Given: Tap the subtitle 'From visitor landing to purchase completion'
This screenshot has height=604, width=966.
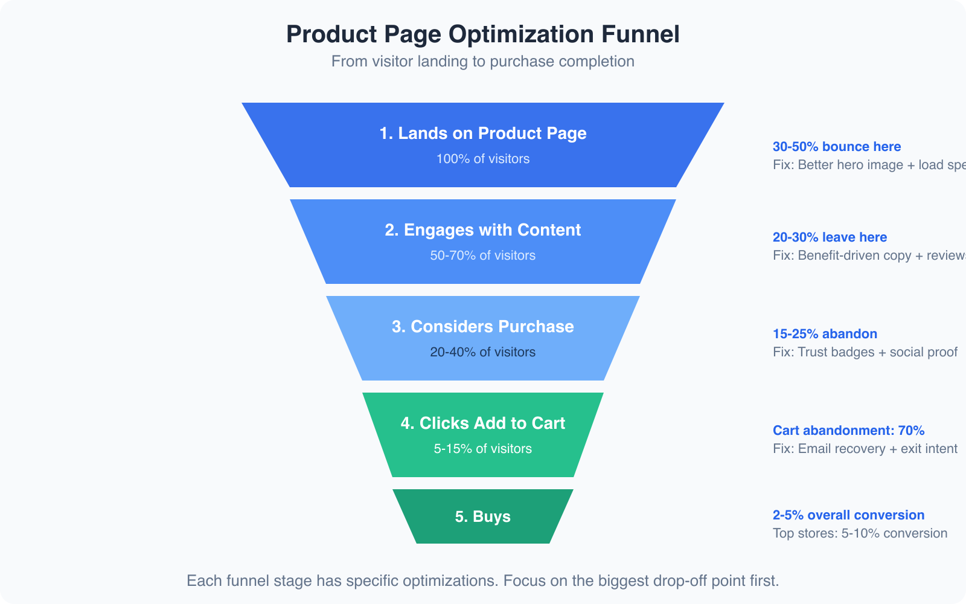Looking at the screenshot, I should (x=482, y=62).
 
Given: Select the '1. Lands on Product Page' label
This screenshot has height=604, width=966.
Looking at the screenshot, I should (x=482, y=133).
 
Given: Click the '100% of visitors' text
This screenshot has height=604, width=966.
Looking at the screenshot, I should (x=482, y=159).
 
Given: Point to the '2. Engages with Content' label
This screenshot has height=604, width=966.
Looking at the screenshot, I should (x=482, y=230).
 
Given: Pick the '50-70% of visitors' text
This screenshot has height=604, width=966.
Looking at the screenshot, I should (x=482, y=255).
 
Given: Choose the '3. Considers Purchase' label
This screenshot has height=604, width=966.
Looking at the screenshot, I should (x=482, y=327).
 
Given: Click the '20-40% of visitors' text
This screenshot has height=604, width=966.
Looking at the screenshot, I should (x=482, y=352).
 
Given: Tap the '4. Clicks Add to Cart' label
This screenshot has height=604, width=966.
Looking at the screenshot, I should (x=482, y=423).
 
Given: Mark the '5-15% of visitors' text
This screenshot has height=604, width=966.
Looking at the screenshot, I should (x=482, y=449).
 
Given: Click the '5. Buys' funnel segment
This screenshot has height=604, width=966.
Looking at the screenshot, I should (x=482, y=516).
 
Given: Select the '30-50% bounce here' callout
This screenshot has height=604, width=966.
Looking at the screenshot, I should (x=836, y=147).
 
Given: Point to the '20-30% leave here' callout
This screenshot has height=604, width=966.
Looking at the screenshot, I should (x=830, y=237).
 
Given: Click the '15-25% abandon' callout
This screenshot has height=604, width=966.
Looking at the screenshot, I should (x=825, y=334).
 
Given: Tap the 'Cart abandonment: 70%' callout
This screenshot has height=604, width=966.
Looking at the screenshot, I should (x=848, y=431).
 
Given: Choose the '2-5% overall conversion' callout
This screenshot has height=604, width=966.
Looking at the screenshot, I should (x=848, y=515).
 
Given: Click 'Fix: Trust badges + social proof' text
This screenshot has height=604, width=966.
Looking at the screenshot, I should (x=865, y=352).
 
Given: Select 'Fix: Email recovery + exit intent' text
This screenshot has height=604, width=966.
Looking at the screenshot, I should (x=865, y=449).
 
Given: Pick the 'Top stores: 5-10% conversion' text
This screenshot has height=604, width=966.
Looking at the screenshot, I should (x=860, y=533).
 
